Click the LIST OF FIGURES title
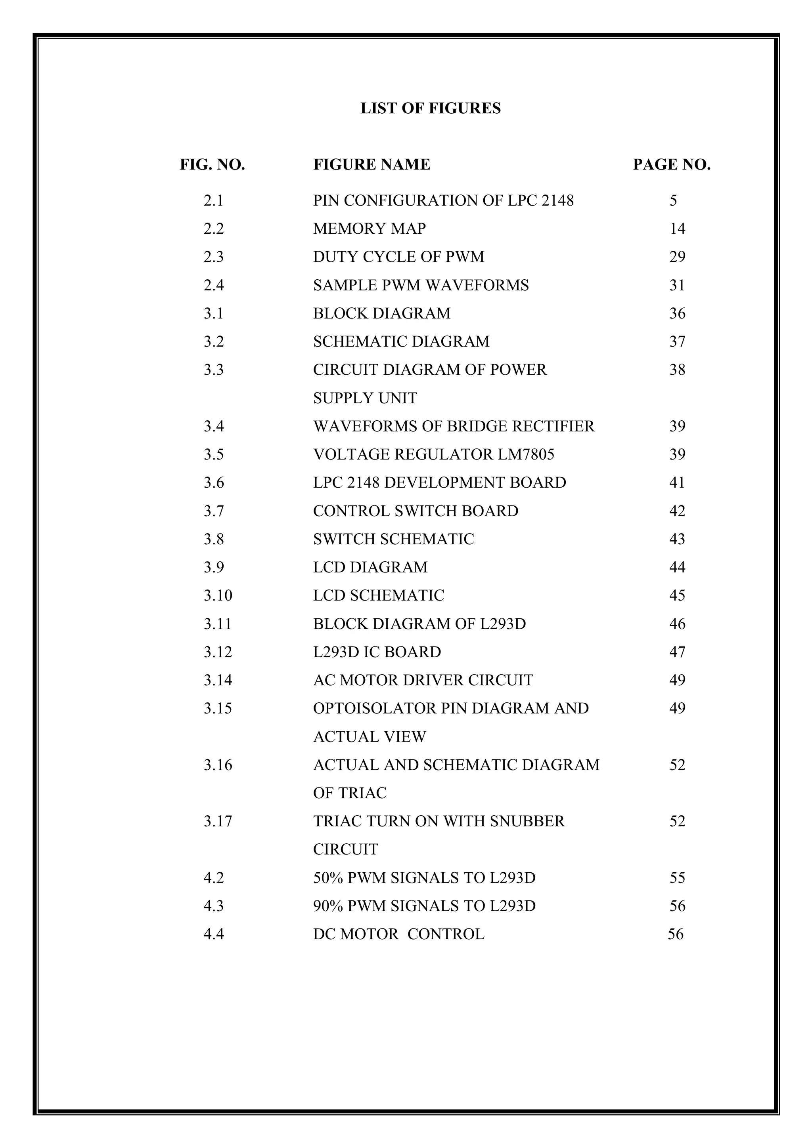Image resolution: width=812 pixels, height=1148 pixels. point(430,109)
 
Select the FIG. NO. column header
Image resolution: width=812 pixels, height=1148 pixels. point(213,164)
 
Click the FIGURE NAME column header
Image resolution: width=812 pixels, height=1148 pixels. point(372,164)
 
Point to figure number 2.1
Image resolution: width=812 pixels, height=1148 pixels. point(214,200)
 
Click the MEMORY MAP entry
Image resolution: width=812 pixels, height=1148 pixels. point(369,229)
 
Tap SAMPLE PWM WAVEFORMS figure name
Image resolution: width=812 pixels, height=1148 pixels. point(421,285)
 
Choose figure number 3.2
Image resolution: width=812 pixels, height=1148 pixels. point(214,341)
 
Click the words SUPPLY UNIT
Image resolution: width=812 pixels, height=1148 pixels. point(365,398)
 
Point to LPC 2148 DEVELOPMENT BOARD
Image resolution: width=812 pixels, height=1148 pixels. point(439,482)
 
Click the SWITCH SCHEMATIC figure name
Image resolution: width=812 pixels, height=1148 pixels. point(393,539)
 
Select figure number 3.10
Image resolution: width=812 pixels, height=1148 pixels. point(218,595)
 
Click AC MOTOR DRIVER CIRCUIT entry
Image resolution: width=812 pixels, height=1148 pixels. point(423,680)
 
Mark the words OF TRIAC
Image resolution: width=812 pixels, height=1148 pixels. point(350,793)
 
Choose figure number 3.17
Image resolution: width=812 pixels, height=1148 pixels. point(218,821)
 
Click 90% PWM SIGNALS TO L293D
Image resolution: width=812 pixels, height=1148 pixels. point(424,906)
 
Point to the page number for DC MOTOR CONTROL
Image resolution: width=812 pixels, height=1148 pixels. point(676,934)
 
